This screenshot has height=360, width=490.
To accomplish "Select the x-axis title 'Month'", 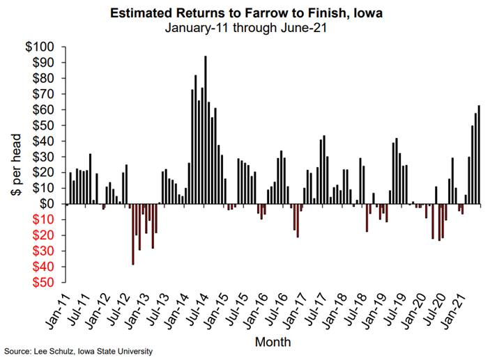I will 273,342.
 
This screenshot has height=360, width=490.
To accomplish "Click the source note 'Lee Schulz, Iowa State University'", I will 77,352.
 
